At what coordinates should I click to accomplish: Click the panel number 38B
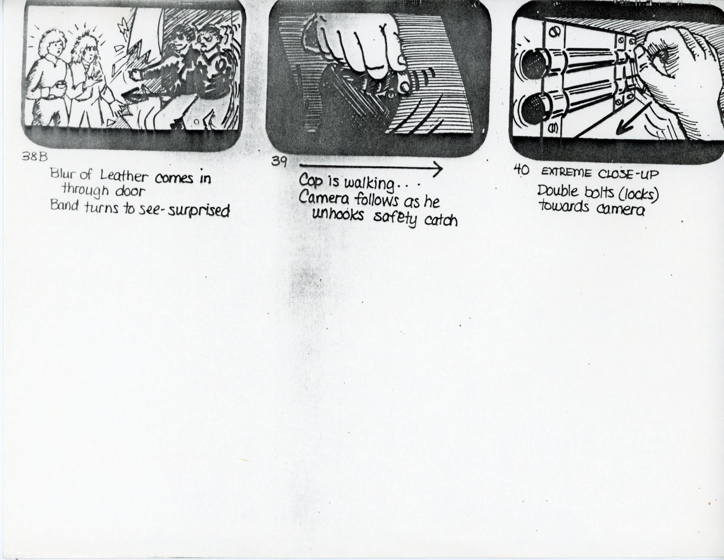coord(35,157)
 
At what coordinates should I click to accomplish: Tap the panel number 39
coord(279,162)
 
